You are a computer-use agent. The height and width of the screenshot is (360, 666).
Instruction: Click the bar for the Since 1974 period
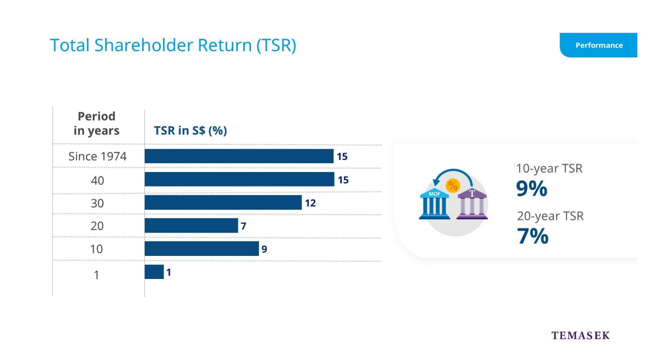239,156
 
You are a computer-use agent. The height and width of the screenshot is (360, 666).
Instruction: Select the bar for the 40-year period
239,179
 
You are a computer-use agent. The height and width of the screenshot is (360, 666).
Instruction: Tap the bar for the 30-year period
223,202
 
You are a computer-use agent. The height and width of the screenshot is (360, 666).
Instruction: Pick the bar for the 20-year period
191,225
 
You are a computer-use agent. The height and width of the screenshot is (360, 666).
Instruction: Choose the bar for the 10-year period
202,248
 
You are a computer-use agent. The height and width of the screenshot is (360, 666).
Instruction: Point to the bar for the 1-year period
154,272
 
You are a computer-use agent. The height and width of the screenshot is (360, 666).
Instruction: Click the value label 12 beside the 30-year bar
310,203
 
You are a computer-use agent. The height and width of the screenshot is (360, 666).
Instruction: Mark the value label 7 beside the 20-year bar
243,226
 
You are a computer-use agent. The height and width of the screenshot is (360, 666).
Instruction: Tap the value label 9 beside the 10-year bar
265,249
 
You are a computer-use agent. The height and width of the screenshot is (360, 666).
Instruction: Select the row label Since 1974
98,157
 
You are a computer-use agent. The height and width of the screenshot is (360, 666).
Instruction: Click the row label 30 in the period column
97,203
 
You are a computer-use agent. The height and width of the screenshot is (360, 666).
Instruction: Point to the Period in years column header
97,123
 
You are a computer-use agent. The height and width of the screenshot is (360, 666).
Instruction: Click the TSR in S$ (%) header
190,130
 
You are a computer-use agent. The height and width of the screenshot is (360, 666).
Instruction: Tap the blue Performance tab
598,45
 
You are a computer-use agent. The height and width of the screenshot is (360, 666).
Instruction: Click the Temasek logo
581,336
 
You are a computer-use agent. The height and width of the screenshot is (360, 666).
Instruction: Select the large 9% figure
531,188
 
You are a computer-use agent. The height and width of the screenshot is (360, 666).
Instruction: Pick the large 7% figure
532,236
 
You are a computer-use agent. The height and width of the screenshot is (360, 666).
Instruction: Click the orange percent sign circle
453,186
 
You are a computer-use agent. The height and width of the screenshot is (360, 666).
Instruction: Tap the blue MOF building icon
434,204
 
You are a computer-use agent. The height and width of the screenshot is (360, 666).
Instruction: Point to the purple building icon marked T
472,204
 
